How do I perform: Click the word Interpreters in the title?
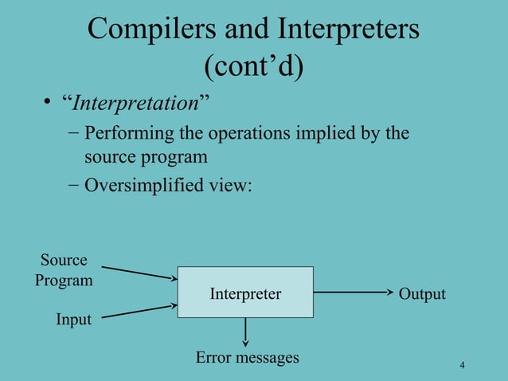(348, 30)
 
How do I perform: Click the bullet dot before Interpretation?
(49, 104)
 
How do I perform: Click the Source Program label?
(64, 270)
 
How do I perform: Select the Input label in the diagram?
(73, 320)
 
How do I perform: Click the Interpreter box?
(245, 293)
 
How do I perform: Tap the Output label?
(422, 294)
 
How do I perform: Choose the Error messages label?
(248, 357)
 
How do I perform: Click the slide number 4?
(462, 365)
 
